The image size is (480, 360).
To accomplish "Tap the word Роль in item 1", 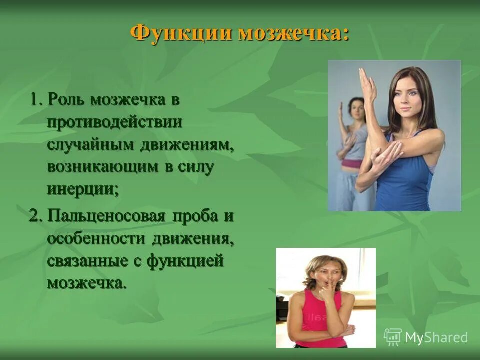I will click(x=66, y=99).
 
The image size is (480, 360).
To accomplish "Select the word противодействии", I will click(x=115, y=122).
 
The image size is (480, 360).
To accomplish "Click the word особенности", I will click(x=96, y=239).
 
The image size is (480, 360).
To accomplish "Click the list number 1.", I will click(x=34, y=99).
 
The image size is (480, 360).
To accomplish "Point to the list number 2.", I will click(x=34, y=217).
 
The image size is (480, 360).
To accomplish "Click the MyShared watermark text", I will click(x=436, y=337).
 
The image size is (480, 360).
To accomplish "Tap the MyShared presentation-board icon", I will click(x=393, y=337).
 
